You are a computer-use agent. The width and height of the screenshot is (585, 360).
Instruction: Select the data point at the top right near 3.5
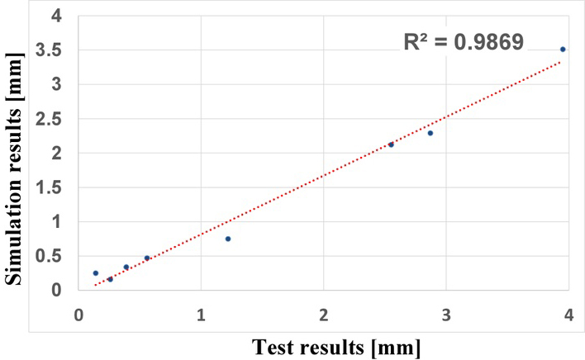pyautogui.click(x=563, y=50)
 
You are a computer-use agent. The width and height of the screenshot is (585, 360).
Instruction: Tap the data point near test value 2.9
pyautogui.click(x=430, y=133)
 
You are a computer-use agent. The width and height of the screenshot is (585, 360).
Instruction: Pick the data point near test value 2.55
pyautogui.click(x=391, y=144)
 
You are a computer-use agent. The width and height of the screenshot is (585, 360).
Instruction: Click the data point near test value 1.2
pyautogui.click(x=228, y=239)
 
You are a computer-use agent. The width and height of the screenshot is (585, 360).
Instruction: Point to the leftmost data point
pyautogui.click(x=96, y=272)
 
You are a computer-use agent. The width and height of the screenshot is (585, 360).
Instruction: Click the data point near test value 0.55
pyautogui.click(x=147, y=258)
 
